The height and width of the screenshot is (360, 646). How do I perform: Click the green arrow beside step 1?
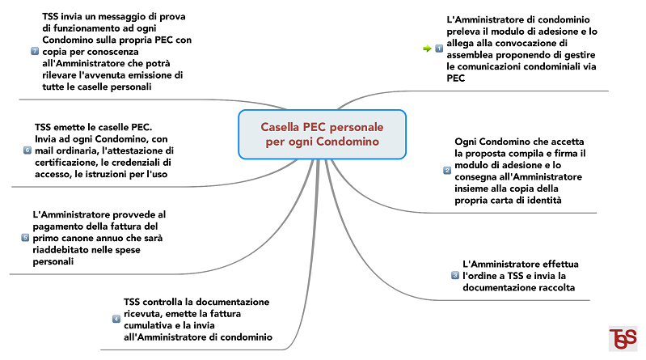point(427,49)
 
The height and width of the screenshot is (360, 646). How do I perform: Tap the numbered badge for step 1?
point(439,49)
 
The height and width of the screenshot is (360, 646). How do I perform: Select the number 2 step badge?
point(447,171)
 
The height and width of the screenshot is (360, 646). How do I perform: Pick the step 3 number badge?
point(455,276)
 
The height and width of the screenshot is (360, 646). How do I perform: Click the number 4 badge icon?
point(116,319)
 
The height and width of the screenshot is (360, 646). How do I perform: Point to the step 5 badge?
point(25,238)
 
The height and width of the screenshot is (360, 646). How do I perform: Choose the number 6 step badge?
point(27,150)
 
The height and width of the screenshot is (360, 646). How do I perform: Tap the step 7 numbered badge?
point(35,51)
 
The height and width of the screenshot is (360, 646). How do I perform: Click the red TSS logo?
point(623,338)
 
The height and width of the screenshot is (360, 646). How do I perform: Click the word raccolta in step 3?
point(556,287)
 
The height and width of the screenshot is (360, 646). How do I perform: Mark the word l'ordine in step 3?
point(478,276)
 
